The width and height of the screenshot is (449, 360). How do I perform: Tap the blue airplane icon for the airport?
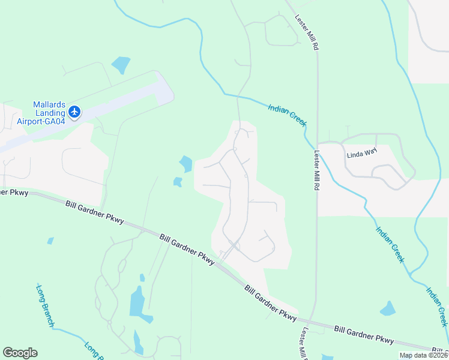(74, 112)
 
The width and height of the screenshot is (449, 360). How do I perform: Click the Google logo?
(20, 353)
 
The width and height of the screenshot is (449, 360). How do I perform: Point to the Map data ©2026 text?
(423, 355)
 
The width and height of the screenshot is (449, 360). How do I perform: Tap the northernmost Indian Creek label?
(288, 114)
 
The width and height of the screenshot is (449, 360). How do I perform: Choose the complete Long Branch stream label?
(45, 306)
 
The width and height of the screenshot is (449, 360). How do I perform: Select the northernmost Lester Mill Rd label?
(306, 29)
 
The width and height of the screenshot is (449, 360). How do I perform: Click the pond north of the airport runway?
(121, 64)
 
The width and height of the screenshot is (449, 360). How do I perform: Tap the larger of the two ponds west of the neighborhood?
(185, 163)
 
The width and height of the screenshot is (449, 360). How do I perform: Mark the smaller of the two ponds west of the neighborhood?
(178, 181)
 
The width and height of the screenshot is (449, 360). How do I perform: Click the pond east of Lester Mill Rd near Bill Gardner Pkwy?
(388, 309)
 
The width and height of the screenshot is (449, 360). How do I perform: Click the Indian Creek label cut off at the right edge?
(437, 306)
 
